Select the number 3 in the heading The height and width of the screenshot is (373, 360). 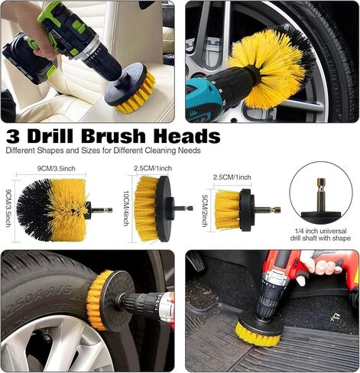point(14,137)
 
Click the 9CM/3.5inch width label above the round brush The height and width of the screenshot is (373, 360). point(57,168)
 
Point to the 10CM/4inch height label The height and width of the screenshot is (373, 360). point(126,208)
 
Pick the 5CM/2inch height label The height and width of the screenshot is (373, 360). point(204,211)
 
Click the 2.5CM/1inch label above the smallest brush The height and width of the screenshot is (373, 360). point(232,177)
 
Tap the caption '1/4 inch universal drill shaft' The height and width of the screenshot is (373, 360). point(320,235)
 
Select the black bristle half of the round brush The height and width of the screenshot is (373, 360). point(34,210)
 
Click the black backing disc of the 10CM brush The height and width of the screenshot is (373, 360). point(164,209)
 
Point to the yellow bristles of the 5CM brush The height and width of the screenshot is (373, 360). point(227,210)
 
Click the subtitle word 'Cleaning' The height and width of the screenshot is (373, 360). point(161,151)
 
